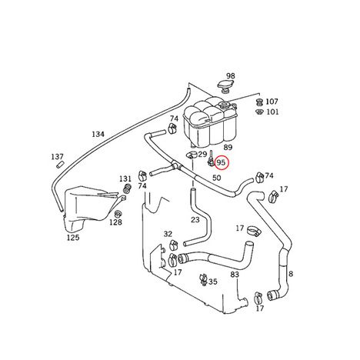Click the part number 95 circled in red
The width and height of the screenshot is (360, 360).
(x=221, y=162)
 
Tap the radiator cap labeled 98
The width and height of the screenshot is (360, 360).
(x=225, y=86)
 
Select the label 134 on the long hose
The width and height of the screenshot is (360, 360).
(x=98, y=134)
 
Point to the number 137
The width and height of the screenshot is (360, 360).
(x=57, y=156)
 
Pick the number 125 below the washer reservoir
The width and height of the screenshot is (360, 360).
(x=73, y=238)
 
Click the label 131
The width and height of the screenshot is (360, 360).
(x=125, y=178)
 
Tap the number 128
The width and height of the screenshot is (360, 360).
(x=115, y=222)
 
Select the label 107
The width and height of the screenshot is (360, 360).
(x=272, y=102)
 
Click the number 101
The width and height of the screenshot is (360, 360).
(x=272, y=112)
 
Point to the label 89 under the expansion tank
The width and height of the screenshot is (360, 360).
(x=228, y=148)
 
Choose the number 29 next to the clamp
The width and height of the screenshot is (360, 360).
(x=202, y=155)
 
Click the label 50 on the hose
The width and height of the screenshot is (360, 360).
(x=216, y=178)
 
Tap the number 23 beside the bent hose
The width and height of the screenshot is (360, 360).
(x=195, y=219)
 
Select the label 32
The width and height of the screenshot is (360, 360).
(x=168, y=234)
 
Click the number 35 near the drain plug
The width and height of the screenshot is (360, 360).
(x=213, y=282)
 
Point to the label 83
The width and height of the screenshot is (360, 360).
(x=235, y=275)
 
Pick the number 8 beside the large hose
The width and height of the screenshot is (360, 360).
(x=291, y=274)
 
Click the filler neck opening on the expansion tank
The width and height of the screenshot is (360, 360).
(x=224, y=105)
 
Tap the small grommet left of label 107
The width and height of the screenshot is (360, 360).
(x=259, y=102)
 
